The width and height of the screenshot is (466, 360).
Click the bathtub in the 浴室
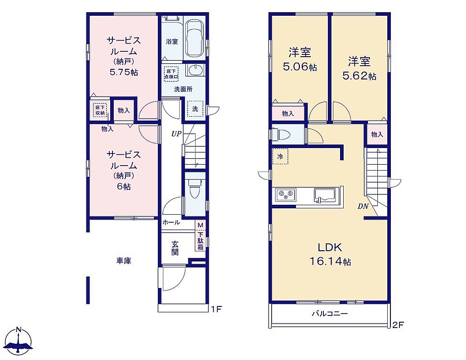click(195, 39)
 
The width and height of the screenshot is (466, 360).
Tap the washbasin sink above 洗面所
click(195, 71)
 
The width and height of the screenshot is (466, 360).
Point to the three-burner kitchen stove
click(286, 194)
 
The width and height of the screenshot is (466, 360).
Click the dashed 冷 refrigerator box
click(280, 156)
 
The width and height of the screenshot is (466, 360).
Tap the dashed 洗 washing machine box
click(195, 109)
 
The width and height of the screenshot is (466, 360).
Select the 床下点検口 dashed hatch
click(171, 74)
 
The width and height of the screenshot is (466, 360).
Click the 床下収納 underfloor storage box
click(100, 110)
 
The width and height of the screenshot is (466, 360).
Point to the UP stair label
click(176, 134)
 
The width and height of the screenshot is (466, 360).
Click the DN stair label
click(363, 206)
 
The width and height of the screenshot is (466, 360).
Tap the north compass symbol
click(19, 342)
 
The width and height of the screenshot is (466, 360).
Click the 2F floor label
click(398, 324)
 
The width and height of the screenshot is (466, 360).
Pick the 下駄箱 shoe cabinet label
click(201, 240)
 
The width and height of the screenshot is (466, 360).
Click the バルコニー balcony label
click(330, 314)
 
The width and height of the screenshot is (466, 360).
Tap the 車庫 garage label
click(124, 261)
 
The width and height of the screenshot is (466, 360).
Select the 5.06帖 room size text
click(300, 67)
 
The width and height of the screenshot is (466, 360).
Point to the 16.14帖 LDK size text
click(330, 261)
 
